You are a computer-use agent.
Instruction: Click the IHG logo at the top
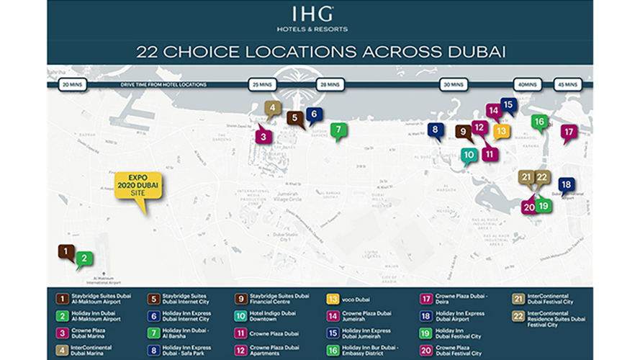(320, 14)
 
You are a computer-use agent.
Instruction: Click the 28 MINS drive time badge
(330, 85)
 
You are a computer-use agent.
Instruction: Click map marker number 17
(569, 132)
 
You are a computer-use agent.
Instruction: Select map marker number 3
(263, 135)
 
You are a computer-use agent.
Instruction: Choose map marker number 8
(435, 130)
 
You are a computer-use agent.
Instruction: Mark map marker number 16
(539, 122)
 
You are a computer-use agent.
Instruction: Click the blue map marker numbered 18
(566, 185)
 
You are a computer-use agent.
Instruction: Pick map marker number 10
(469, 154)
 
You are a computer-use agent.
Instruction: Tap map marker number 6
(314, 114)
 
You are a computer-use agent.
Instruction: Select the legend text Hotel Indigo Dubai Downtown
(273, 315)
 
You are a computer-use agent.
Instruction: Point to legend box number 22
(518, 315)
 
